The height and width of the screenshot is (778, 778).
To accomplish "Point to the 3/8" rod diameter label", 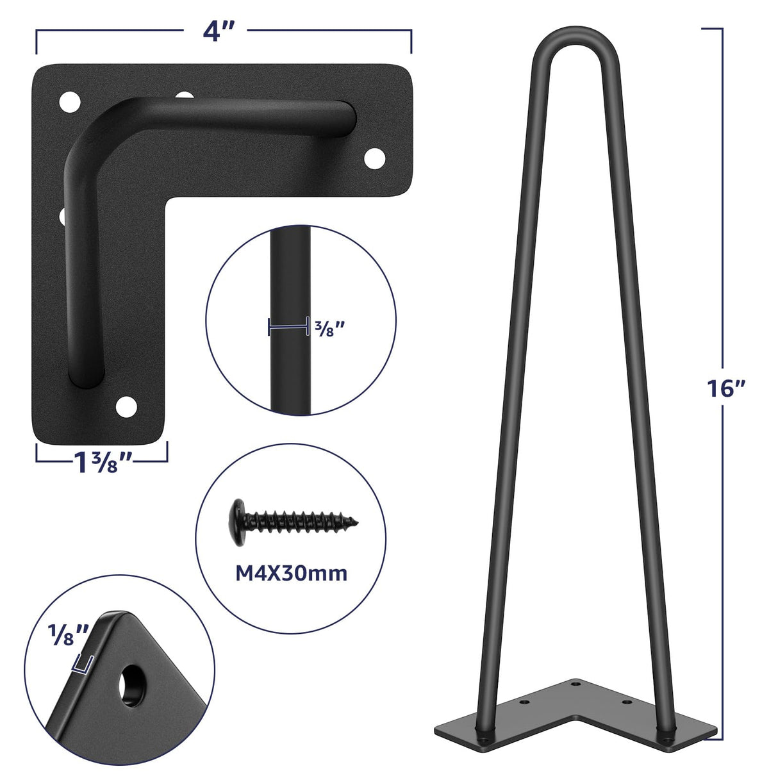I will point(330,328).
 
